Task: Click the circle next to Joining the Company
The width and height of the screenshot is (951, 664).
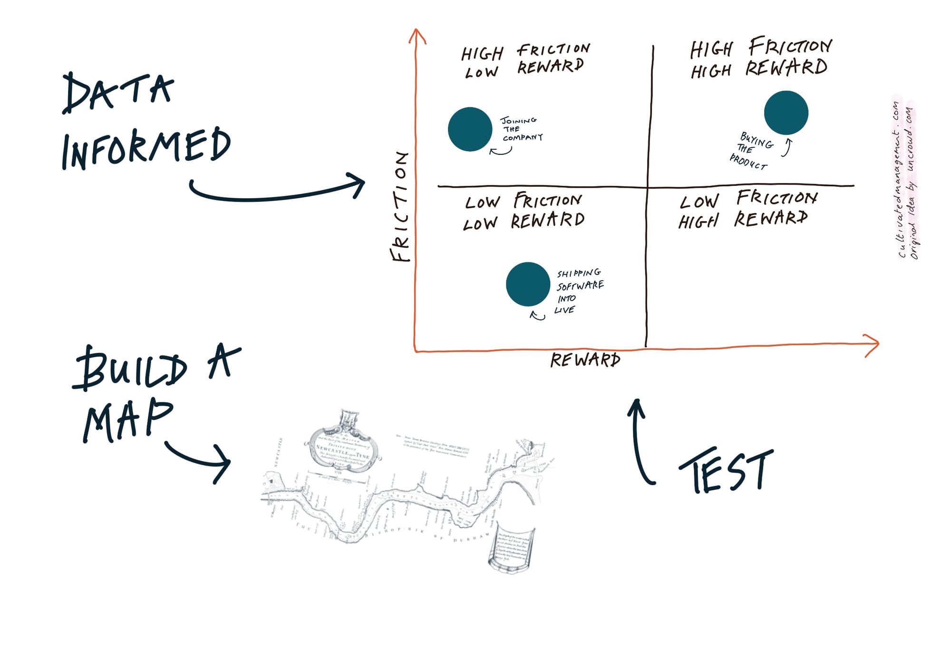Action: [x=470, y=129]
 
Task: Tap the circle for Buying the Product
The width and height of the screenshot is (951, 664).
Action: [x=786, y=113]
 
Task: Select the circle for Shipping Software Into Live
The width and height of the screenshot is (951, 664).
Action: [x=528, y=284]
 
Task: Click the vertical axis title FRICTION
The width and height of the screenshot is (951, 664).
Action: [x=400, y=207]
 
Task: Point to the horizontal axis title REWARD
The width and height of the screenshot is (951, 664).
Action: [x=585, y=360]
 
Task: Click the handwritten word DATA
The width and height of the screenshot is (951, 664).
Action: [x=118, y=93]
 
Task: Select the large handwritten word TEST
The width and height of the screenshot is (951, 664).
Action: [x=726, y=471]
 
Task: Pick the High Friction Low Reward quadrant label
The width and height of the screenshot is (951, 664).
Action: [x=525, y=61]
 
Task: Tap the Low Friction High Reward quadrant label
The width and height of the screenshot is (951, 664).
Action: [x=747, y=209]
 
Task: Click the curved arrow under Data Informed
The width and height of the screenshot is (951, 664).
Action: [x=276, y=192]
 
